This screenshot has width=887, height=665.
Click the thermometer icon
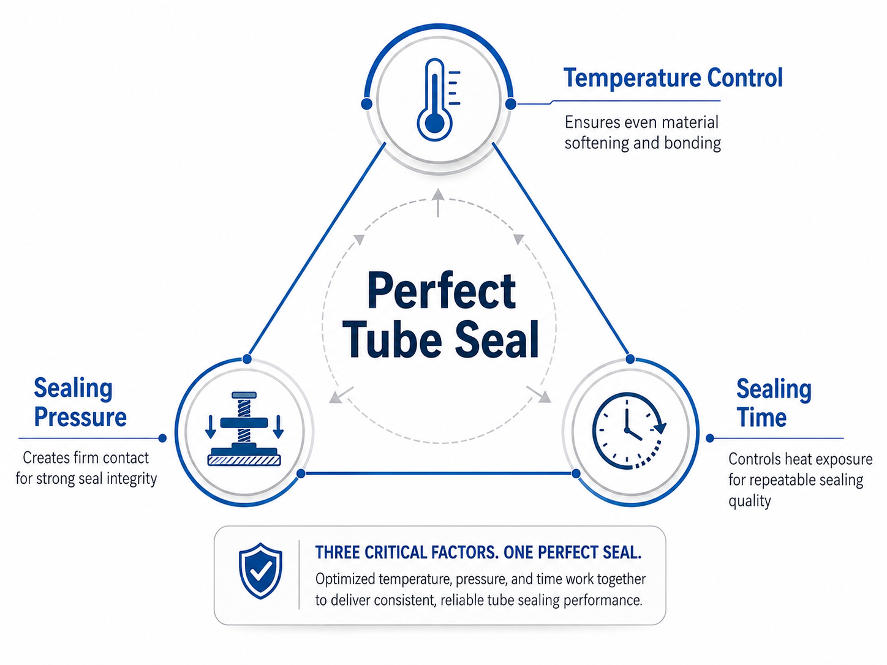438,100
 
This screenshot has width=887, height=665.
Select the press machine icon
244,429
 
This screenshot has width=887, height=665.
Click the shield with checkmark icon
260,571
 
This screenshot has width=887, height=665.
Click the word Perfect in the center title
441,291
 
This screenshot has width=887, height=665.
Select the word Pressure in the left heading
80,418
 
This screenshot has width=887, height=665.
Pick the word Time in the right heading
761,418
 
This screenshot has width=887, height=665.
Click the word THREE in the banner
338,552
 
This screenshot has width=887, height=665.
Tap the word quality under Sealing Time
750,501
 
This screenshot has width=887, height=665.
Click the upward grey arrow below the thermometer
437,203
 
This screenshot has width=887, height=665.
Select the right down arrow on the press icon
278,426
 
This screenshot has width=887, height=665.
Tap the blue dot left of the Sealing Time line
710,438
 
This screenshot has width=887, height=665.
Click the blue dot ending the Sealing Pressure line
162,438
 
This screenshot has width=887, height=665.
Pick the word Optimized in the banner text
345,580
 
